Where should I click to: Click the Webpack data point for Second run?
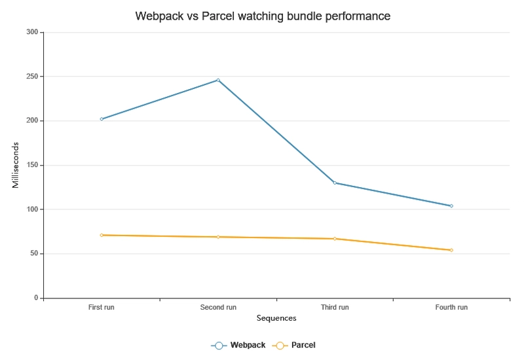[218, 80]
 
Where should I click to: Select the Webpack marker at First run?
[102, 119]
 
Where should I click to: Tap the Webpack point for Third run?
[335, 183]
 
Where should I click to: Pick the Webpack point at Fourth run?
[451, 206]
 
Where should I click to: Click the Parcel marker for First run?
[102, 235]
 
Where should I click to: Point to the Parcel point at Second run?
[218, 237]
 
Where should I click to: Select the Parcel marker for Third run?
[335, 239]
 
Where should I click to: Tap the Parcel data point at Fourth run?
[451, 250]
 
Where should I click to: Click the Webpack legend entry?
[238, 345]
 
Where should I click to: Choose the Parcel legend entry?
[296, 345]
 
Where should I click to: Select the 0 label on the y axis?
[37, 298]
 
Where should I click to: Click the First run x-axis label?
[102, 307]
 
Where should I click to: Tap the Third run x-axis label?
[335, 307]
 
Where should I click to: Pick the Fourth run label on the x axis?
[451, 307]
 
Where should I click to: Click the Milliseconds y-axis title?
[16, 165]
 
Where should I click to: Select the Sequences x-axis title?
[276, 319]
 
